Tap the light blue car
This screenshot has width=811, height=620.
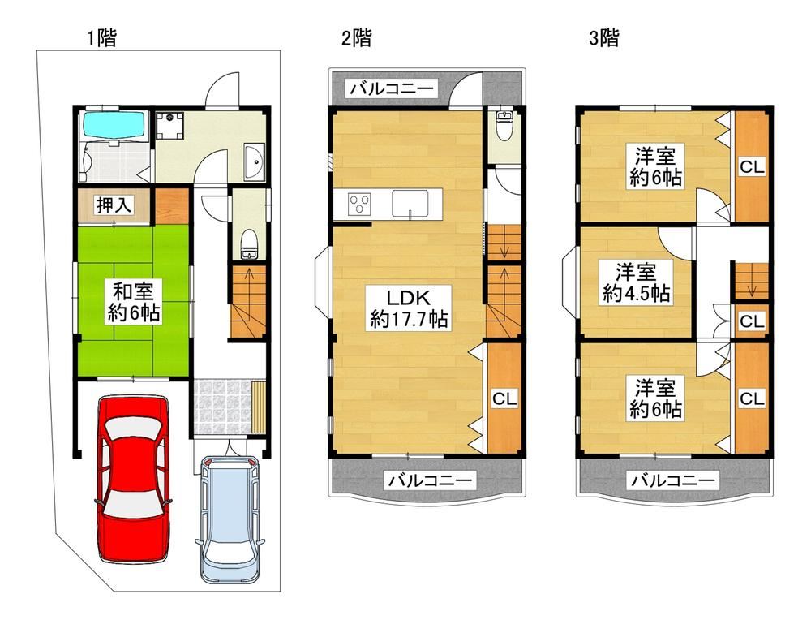(230, 519)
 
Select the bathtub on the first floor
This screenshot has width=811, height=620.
(114, 126)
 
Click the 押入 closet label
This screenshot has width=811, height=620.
(114, 205)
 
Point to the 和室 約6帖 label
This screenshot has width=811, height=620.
(134, 302)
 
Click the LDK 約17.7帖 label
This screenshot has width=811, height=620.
(409, 308)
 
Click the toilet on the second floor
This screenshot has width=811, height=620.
(504, 126)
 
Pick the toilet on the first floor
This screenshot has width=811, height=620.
(249, 244)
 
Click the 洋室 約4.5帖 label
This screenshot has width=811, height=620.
(636, 282)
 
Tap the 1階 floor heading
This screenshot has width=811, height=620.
(101, 38)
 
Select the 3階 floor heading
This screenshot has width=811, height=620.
(603, 38)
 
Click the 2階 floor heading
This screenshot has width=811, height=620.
(356, 38)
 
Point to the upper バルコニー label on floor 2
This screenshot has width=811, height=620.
(392, 88)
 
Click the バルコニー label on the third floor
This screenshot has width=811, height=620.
(672, 480)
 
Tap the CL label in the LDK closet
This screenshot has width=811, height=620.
(504, 398)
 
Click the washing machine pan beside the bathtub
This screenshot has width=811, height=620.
(169, 126)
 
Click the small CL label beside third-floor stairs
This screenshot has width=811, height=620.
(752, 321)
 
